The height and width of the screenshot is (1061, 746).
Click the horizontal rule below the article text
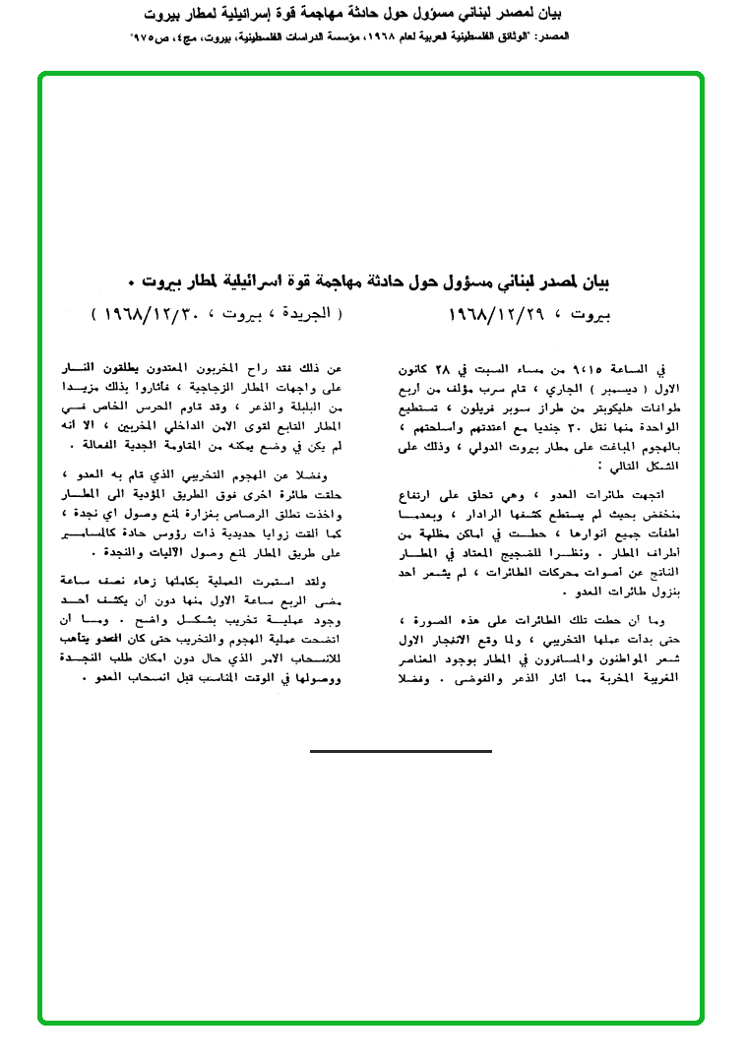pos(400,751)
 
